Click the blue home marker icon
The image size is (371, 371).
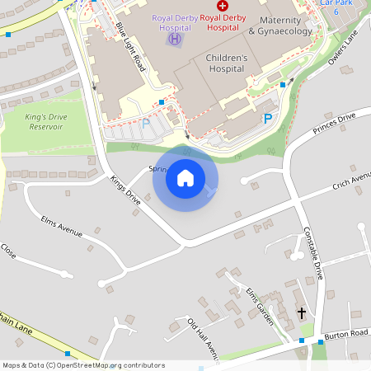185,177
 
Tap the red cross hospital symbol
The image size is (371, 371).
223,5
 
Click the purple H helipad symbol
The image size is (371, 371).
175,38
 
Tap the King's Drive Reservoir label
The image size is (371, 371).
45,122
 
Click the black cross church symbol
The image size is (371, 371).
302,313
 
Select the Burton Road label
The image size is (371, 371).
346,334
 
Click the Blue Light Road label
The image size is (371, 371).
130,48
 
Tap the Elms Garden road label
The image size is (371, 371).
259,305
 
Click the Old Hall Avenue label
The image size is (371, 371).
203,334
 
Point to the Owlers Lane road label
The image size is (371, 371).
345,49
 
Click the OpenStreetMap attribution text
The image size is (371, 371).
82,365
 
